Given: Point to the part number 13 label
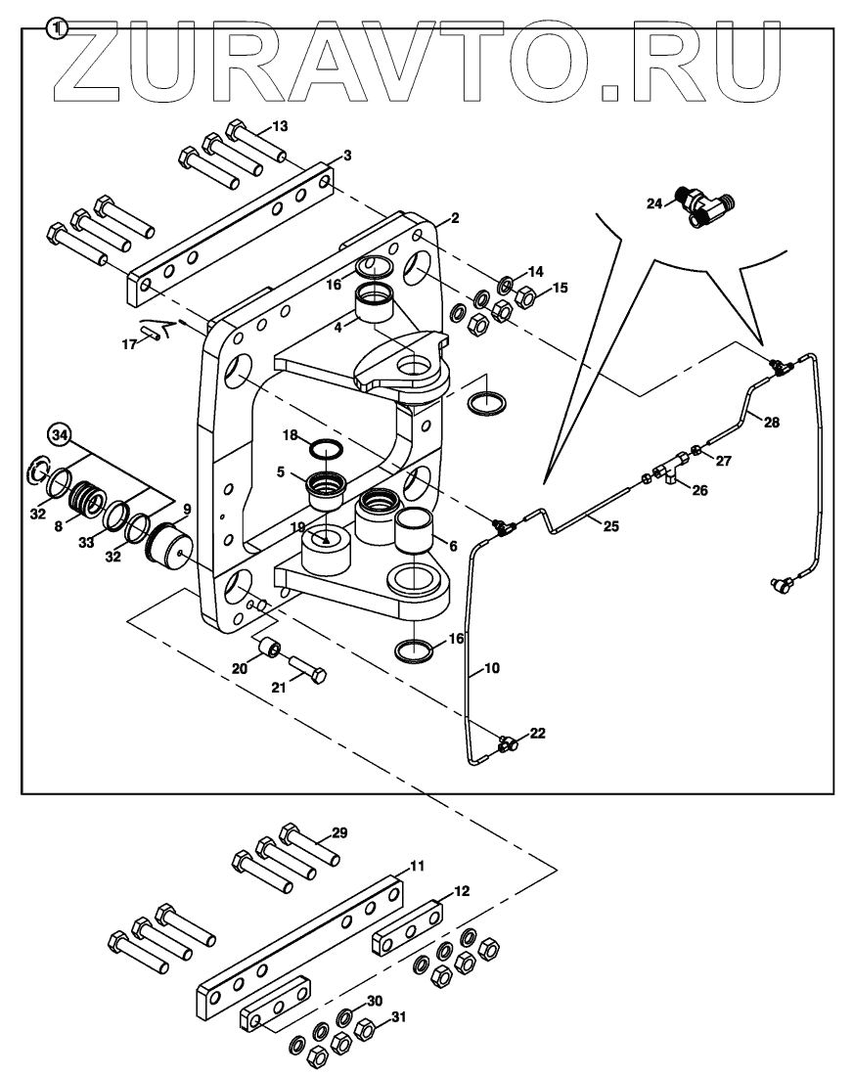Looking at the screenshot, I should coord(280,126).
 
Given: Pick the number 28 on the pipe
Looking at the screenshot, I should coord(772,422).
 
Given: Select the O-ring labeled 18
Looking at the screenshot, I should coord(326,450).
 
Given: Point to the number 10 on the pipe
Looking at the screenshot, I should coord(491,670).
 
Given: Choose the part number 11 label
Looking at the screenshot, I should coord(417,866).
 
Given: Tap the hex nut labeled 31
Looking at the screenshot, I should coord(366,1029).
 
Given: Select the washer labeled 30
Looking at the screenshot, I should coord(344,1018).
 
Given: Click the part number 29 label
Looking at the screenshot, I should coord(338,832).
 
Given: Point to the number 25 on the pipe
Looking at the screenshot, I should coord(611,526).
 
